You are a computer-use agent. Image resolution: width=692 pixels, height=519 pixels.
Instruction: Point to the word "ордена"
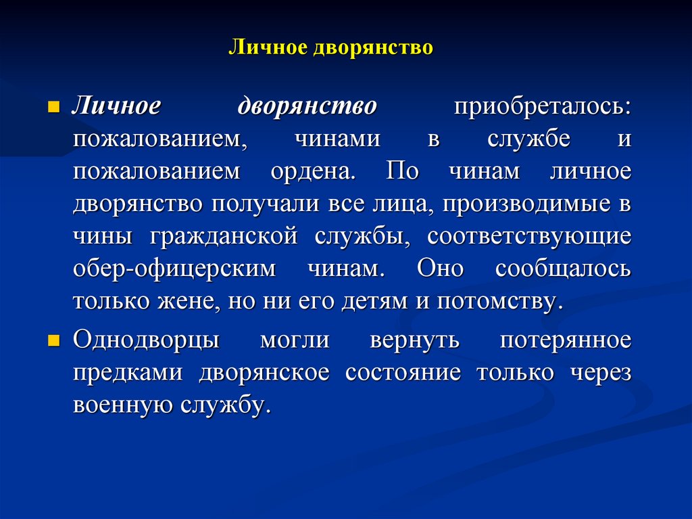pos(312,172)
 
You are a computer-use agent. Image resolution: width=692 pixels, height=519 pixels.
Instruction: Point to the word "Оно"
pos(440,269)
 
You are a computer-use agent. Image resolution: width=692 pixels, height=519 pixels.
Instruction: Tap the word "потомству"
pos(499,301)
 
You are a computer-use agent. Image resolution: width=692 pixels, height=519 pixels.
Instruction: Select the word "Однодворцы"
pos(146,340)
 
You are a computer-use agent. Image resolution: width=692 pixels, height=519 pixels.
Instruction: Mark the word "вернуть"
pos(414,340)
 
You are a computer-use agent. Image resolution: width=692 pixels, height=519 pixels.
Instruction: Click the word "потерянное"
pos(566,340)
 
